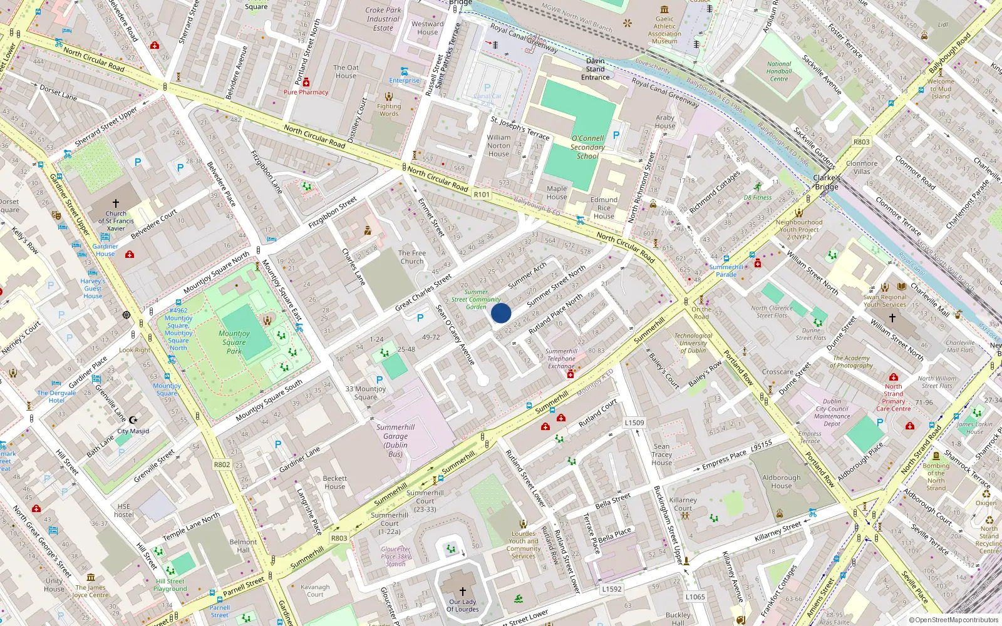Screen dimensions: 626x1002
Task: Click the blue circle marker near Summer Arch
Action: click(x=501, y=313)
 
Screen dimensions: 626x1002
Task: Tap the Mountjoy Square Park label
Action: click(x=234, y=342)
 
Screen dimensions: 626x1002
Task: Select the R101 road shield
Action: click(x=482, y=195)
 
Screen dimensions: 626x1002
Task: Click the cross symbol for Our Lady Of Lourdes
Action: click(x=463, y=591)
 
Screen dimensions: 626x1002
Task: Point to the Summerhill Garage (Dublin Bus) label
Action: click(x=395, y=441)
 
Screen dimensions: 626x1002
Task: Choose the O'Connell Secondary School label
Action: click(x=587, y=147)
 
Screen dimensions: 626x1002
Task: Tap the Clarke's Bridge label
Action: click(x=827, y=182)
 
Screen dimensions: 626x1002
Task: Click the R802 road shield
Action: click(x=222, y=464)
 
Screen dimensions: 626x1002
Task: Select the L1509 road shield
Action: click(x=634, y=423)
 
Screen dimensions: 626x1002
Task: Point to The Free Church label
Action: click(x=412, y=257)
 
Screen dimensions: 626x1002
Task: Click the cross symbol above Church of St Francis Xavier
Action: click(x=116, y=203)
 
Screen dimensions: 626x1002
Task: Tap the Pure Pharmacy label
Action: click(x=306, y=92)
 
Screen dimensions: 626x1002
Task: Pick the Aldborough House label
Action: click(x=782, y=481)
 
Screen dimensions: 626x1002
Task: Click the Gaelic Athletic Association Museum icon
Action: click(x=664, y=9)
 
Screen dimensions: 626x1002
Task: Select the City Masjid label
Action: click(x=133, y=431)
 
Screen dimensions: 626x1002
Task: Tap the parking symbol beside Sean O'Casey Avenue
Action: click(x=420, y=318)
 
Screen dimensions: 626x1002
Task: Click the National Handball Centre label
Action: click(x=779, y=71)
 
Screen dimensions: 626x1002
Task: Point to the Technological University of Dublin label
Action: click(x=693, y=343)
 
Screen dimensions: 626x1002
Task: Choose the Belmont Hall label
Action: click(x=243, y=546)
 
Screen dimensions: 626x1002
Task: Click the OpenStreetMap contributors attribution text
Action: click(x=954, y=620)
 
